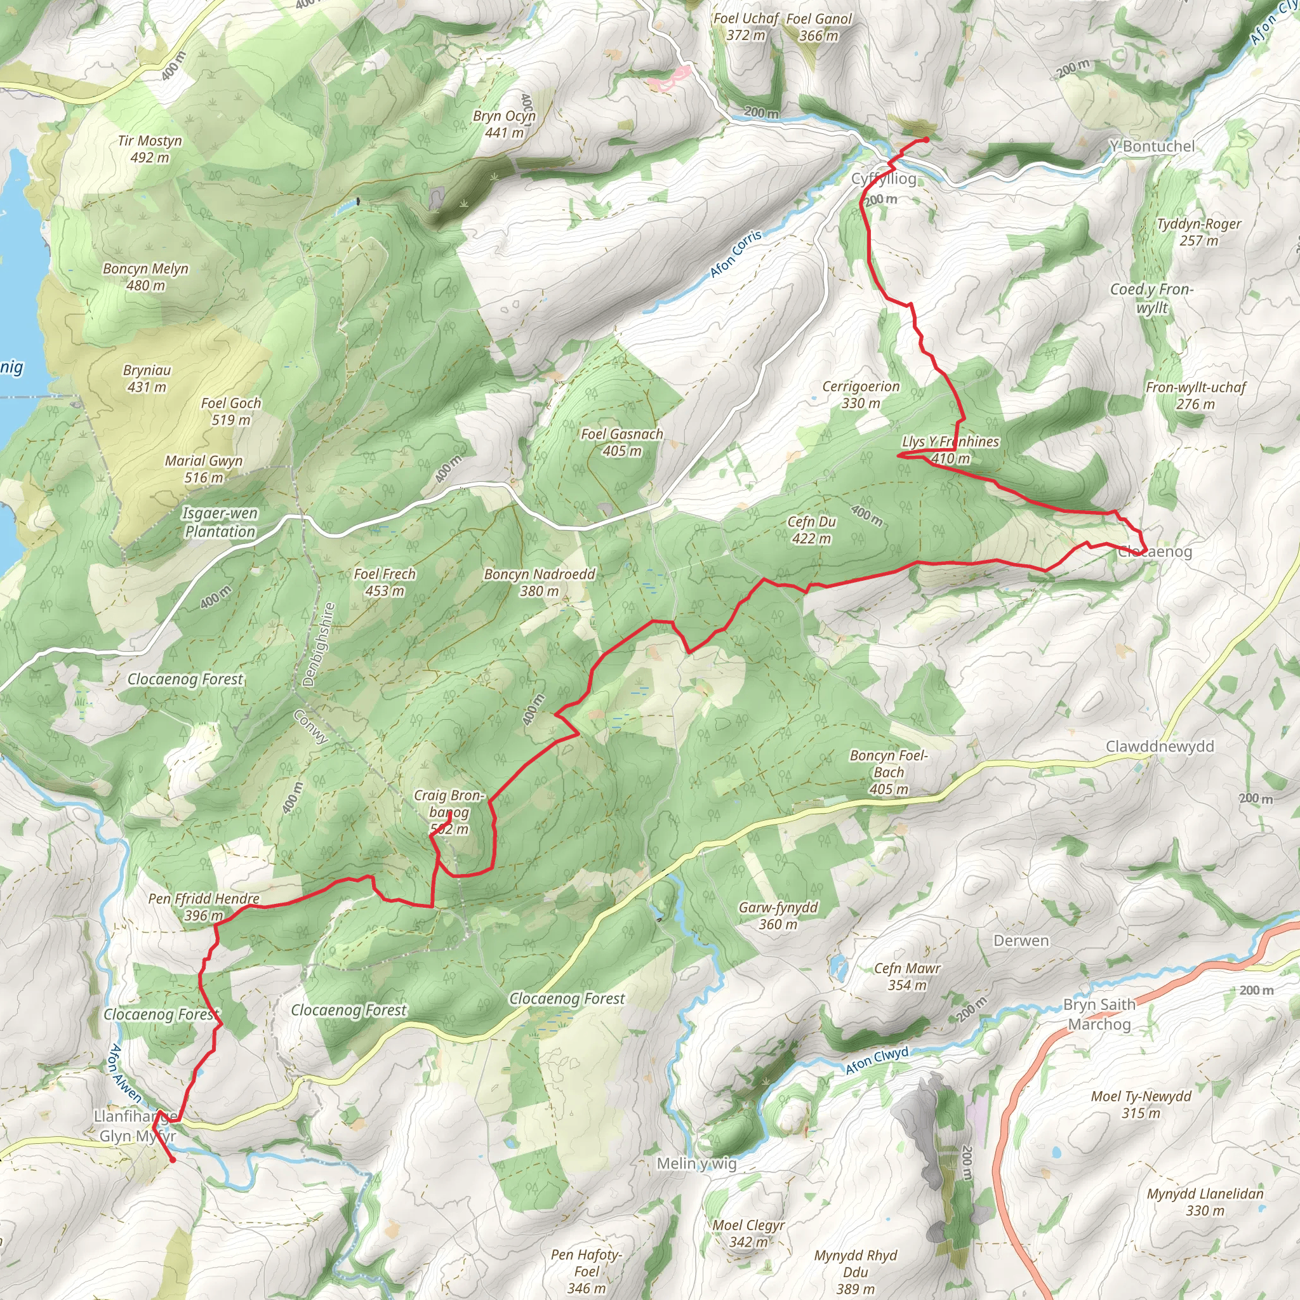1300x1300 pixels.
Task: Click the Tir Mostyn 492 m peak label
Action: click(149, 149)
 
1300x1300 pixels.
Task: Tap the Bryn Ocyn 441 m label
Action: click(504, 124)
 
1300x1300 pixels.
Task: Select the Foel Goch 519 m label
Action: click(231, 411)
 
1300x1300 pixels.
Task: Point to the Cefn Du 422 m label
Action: click(811, 529)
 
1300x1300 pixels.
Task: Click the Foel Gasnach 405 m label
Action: click(621, 442)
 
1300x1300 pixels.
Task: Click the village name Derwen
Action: click(1021, 941)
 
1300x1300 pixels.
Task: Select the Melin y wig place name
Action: click(696, 1164)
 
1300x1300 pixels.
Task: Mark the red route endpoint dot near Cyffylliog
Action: click(926, 140)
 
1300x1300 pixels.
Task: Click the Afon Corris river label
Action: click(736, 254)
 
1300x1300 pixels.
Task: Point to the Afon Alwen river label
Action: click(124, 1073)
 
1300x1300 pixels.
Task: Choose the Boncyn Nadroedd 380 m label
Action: click(540, 582)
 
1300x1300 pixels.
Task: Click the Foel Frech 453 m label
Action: click(384, 582)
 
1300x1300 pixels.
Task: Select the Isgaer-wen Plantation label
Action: click(220, 522)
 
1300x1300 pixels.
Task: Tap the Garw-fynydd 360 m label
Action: click(778, 915)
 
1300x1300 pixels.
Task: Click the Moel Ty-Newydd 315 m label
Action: click(1141, 1104)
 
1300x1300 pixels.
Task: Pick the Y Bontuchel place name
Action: click(1152, 146)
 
